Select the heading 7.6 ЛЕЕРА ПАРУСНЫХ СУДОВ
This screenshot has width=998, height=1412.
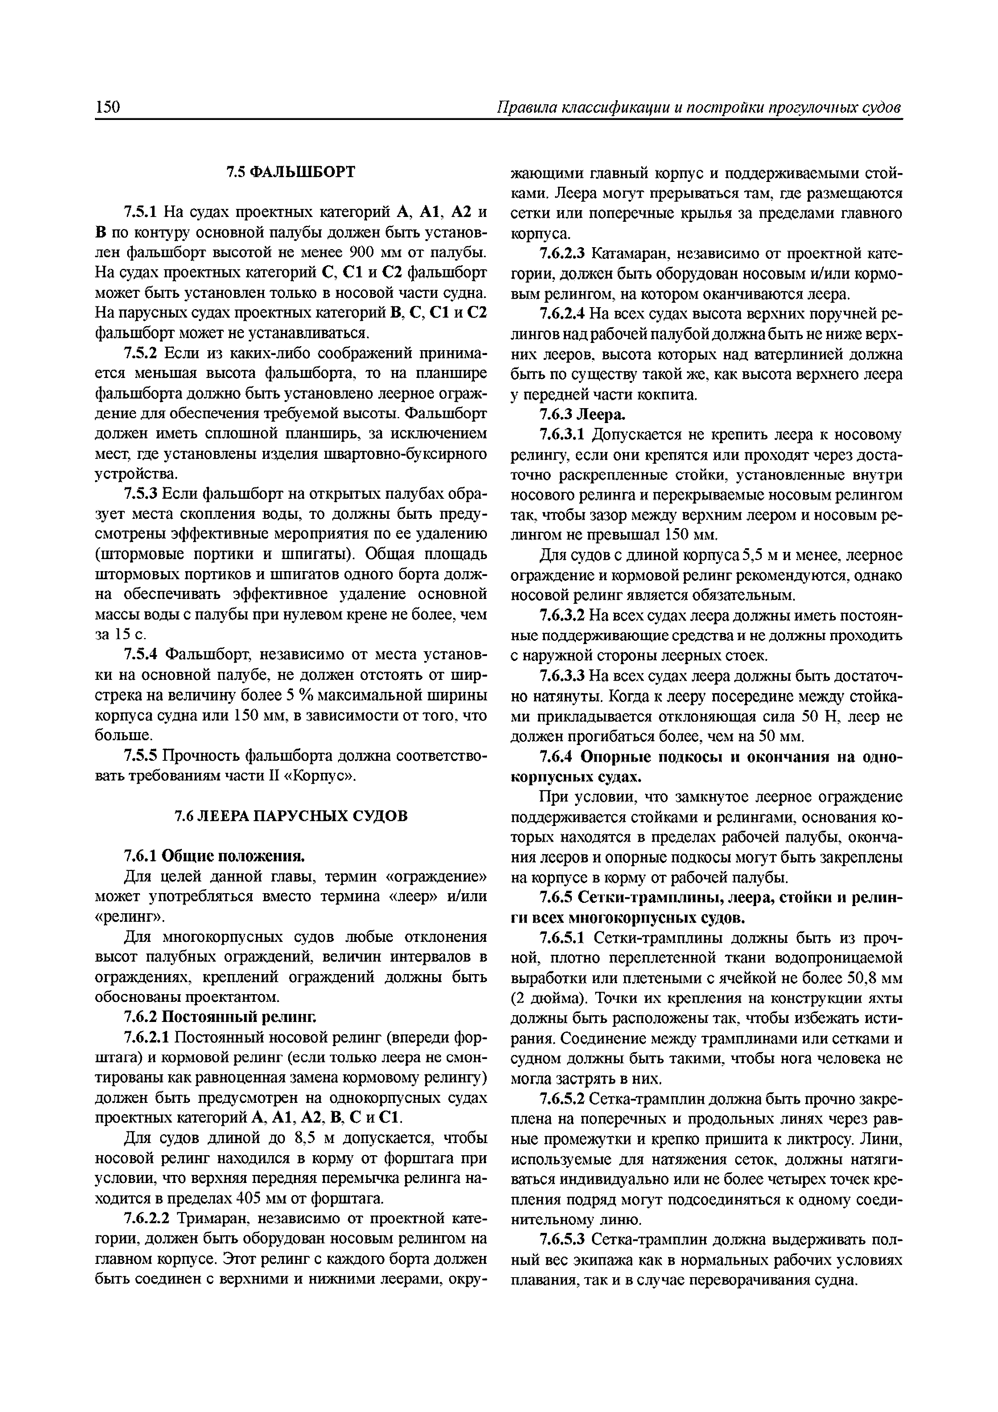pyautogui.click(x=291, y=816)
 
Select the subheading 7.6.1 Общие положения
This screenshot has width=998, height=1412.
pyautogui.click(x=214, y=856)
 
